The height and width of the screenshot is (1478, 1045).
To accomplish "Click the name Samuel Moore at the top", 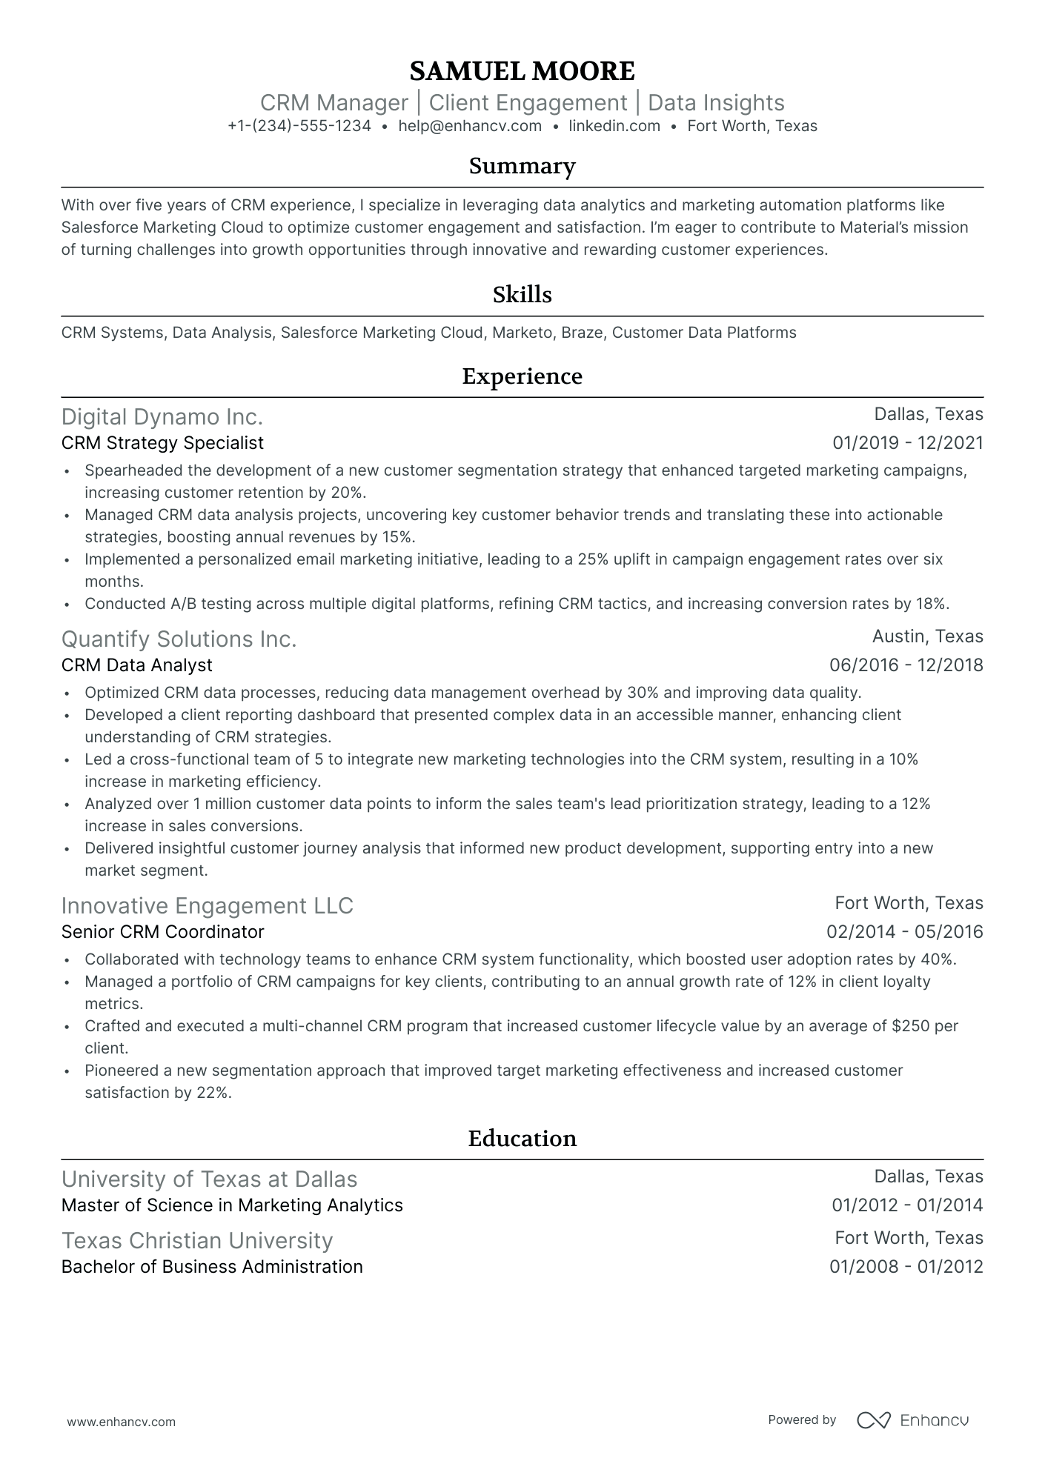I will tap(522, 71).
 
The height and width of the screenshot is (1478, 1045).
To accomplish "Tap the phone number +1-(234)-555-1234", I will tap(299, 126).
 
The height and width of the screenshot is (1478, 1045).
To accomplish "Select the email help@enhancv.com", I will tap(470, 126).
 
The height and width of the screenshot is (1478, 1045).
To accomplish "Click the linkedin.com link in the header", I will tap(614, 126).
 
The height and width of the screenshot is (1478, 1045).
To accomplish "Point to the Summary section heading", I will tap(522, 166).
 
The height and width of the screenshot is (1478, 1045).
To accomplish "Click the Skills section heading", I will tap(522, 295).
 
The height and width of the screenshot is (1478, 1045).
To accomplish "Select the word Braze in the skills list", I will tap(582, 333).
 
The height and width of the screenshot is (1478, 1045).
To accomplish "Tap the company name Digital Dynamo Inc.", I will tap(162, 417).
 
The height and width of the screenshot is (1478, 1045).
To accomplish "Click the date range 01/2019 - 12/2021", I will tap(908, 443).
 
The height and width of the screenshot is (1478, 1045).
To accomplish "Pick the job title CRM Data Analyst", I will tap(137, 665).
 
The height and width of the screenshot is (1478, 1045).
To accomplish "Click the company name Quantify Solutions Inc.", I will tap(179, 639).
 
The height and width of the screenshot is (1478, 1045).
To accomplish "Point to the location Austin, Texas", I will tap(927, 636).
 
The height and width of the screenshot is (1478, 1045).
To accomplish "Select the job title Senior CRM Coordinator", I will tap(162, 932).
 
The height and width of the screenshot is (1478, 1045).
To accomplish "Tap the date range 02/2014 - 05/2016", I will tap(905, 932).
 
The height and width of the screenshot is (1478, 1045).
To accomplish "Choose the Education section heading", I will tap(522, 1139).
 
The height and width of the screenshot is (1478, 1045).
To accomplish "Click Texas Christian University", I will tap(197, 1241).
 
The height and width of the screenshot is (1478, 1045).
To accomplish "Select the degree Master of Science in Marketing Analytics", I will tap(232, 1205).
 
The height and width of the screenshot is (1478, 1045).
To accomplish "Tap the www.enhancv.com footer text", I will tap(122, 1422).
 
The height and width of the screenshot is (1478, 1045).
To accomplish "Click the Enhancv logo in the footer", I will tap(913, 1420).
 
